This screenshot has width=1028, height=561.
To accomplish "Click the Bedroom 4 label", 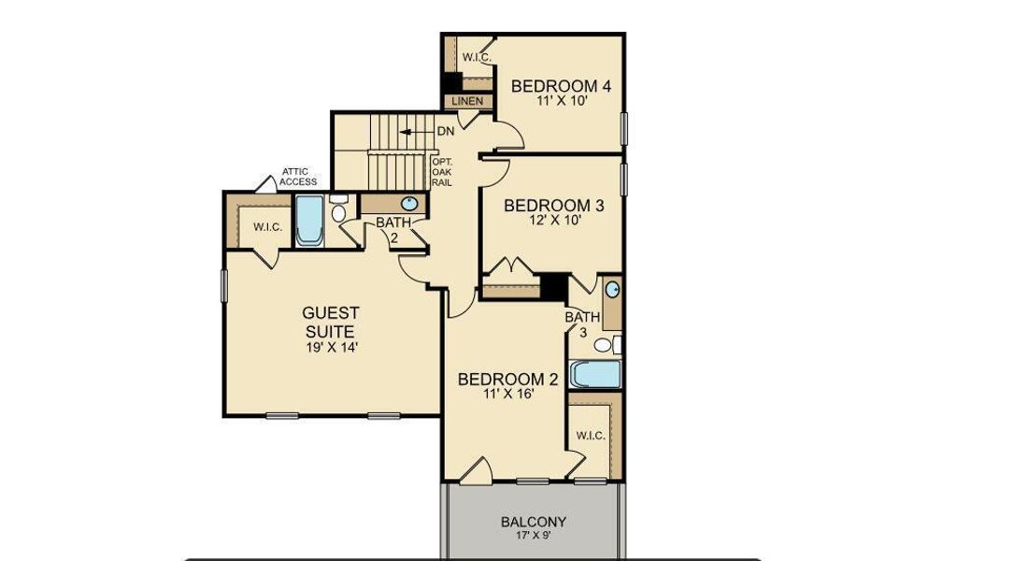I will pos(561,87).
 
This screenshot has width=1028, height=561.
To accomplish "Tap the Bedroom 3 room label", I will pos(548,206).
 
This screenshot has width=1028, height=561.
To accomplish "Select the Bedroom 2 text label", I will pos(507,379).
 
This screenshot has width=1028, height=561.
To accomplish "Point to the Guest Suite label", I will pos(331,322).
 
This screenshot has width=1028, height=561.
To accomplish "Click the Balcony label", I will pos(533,522).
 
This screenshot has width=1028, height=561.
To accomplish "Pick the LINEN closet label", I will pos(465,100).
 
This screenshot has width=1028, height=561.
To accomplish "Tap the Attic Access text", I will pos(299,177).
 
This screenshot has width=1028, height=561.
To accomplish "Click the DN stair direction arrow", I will pos(408,132).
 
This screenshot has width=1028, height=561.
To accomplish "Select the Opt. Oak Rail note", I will pos(442,172).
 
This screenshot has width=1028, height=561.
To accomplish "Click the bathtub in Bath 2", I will pos(308,221).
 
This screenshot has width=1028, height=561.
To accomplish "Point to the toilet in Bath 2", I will pos(338,211).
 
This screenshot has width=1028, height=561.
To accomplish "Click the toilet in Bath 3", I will pos(605,345).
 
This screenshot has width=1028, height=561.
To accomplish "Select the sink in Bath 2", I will pos(409,204).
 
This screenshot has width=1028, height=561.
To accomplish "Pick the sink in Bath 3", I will pos(612,290).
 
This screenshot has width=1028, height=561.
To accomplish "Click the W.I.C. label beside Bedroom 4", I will pos(477,58).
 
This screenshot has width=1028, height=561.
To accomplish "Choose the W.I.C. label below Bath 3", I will pos(590,436).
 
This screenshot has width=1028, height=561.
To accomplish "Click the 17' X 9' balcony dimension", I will pos(533,536).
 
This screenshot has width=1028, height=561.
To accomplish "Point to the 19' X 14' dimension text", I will pos(331,347).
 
